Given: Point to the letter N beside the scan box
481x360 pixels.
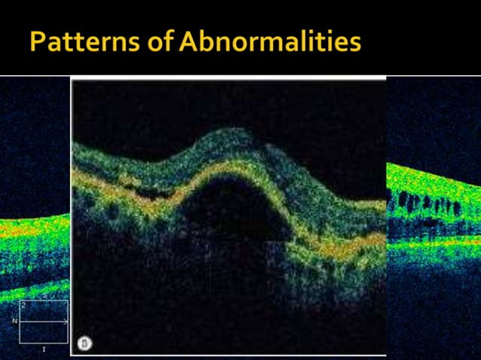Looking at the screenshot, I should pyautogui.click(x=14, y=321).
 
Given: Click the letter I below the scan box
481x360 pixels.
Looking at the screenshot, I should pyautogui.click(x=44, y=350).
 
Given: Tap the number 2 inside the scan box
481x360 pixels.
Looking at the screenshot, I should pyautogui.click(x=24, y=306).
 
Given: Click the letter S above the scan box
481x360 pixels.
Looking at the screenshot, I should pyautogui.click(x=44, y=297).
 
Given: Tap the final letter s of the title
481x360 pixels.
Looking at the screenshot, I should pyautogui.click(x=354, y=44).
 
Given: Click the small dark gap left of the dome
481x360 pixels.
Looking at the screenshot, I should pyautogui.click(x=155, y=193).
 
